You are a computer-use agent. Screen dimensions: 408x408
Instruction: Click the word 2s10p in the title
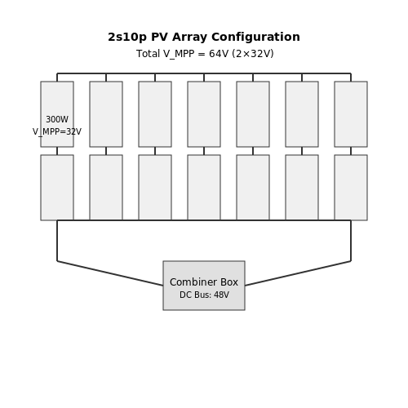click(x=127, y=37)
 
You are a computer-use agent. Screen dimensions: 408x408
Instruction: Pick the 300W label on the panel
click(x=57, y=119)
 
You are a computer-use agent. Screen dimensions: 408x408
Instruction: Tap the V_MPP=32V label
click(x=57, y=132)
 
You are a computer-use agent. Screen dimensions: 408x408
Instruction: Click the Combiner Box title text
click(x=204, y=282)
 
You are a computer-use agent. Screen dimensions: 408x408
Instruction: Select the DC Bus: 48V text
click(x=204, y=295)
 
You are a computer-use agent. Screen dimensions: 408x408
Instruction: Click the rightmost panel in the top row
click(x=351, y=114)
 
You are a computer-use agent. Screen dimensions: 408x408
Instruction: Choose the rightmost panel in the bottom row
click(x=351, y=188)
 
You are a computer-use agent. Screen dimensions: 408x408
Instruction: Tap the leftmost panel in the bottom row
click(x=57, y=188)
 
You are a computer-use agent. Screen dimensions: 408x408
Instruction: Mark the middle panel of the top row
click(x=204, y=114)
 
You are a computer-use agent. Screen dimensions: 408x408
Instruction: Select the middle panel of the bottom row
click(x=204, y=188)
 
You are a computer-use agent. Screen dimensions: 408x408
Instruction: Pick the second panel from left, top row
click(x=106, y=114)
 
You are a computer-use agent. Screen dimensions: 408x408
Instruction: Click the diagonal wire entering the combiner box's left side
click(x=110, y=273)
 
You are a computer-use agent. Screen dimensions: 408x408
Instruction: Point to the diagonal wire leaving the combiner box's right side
click(x=298, y=273)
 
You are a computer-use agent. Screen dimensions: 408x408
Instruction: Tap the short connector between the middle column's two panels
click(x=204, y=151)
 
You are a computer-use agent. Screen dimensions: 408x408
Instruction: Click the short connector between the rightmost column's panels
click(x=351, y=151)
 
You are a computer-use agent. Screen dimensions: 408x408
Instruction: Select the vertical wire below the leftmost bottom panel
click(x=57, y=241)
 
